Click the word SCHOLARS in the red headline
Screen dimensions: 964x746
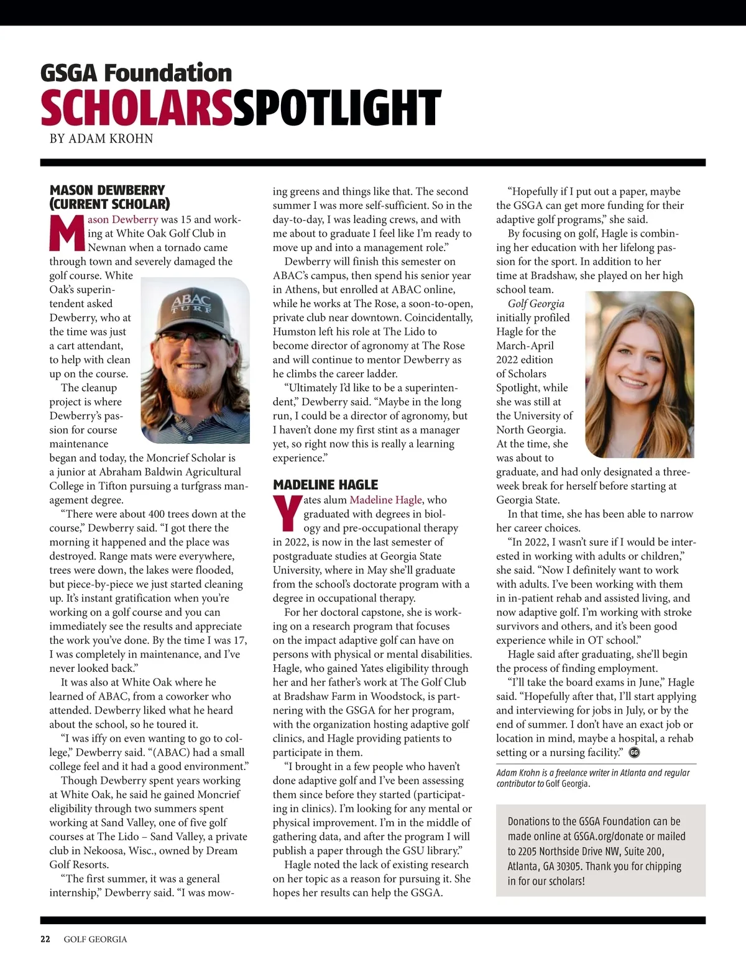(136, 108)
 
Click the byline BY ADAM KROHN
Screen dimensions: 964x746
(101, 139)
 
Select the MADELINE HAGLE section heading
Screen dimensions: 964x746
(325, 485)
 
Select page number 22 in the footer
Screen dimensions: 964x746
(45, 939)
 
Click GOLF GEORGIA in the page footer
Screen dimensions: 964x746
(95, 939)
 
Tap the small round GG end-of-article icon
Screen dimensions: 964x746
(634, 753)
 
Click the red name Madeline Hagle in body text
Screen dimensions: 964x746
(385, 500)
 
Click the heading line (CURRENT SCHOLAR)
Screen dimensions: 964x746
(109, 204)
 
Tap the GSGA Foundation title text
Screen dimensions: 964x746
(136, 73)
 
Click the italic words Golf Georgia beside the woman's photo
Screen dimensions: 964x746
(536, 303)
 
